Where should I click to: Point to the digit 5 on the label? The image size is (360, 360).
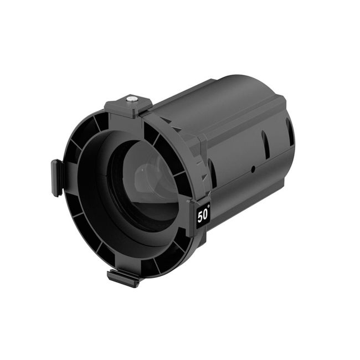point(200,216)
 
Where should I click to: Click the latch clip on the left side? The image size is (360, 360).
point(56,177)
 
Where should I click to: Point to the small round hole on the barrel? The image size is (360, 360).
point(253,168)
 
